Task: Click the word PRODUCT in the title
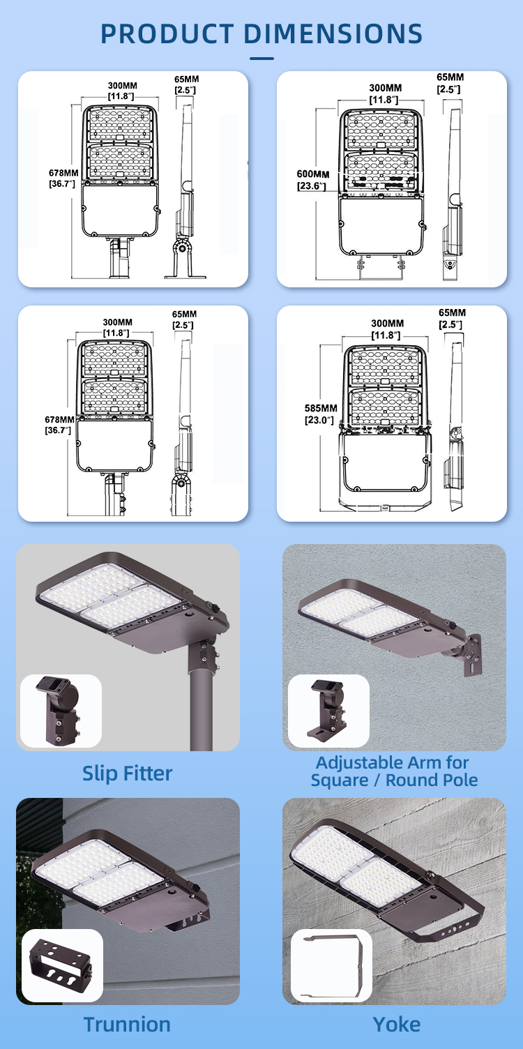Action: point(167,33)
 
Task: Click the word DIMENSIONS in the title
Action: point(333,33)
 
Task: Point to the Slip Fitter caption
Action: point(128,773)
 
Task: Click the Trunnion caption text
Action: point(127,1024)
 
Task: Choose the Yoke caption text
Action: point(396,1024)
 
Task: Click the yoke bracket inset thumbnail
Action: point(331,965)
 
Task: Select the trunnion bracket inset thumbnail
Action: point(62,965)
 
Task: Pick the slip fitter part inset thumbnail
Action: point(61,711)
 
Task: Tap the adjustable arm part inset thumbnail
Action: point(328,711)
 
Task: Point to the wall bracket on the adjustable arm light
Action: point(472,655)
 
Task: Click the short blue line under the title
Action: point(261,59)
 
